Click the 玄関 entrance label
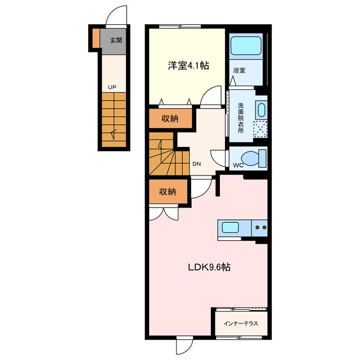(x=116, y=40)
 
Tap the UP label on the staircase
(x=112, y=87)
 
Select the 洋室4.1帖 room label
(x=188, y=66)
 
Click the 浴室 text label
(x=239, y=70)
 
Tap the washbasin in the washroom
(x=260, y=109)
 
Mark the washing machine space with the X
(x=260, y=129)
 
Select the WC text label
(x=238, y=165)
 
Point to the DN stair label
(x=196, y=164)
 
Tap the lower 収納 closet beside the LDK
(x=167, y=191)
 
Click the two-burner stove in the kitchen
(x=260, y=228)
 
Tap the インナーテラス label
(x=241, y=323)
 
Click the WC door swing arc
(x=217, y=157)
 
